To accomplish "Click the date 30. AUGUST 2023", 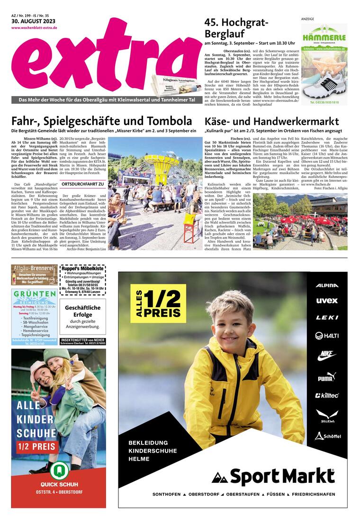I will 34,22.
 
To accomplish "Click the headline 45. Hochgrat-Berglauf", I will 236,28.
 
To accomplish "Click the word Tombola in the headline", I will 169,121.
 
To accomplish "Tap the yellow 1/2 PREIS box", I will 158,303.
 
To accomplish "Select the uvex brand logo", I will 327,301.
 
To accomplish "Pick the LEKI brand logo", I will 327,318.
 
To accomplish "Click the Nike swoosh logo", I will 327,355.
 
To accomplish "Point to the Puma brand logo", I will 327,377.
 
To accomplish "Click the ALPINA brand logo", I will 327,285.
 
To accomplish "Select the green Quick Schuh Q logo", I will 58,470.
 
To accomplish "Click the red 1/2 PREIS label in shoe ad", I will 38,446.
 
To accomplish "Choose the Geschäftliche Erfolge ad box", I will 83,317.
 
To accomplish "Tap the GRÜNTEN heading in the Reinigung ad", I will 35,294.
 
